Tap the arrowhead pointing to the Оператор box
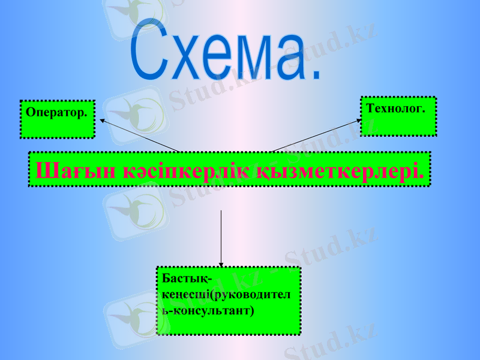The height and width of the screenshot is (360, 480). pos(102,121)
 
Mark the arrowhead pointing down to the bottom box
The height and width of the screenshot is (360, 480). pos(221,263)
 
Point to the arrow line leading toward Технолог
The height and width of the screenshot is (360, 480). pos(315,136)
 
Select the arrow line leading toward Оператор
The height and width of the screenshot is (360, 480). pos(141,136)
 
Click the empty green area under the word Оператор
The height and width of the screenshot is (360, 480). pos(57,127)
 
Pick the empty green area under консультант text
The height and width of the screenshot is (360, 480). pos(228,324)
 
